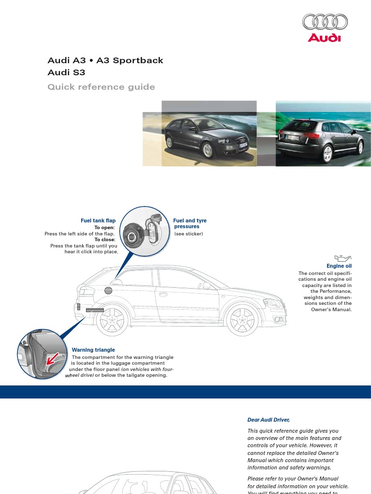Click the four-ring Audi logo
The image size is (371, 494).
coord(325,22)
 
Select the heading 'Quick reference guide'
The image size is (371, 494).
coord(101,87)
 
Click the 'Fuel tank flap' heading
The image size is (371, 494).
coord(98,220)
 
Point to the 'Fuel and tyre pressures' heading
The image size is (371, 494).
coord(189,223)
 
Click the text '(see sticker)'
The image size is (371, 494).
coord(188,234)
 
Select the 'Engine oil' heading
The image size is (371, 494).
coord(339,266)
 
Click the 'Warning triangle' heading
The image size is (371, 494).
coord(93,350)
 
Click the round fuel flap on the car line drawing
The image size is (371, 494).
coord(108,290)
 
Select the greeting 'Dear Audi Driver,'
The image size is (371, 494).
coord(268,420)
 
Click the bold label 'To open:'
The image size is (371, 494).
coord(104,227)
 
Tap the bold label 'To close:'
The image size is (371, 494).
coord(104,239)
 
